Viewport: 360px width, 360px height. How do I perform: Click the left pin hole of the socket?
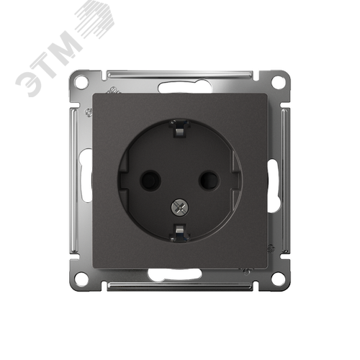pyautogui.click(x=150, y=180)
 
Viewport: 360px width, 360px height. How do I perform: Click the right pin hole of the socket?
pyautogui.click(x=209, y=180)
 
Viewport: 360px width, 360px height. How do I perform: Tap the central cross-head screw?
pyautogui.click(x=180, y=207)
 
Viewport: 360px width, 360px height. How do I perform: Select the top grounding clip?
pyautogui.click(x=179, y=130)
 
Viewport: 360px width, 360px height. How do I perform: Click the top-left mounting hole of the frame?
pyautogui.click(x=81, y=82)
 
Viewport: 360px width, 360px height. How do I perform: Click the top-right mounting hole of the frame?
pyautogui.click(x=278, y=82)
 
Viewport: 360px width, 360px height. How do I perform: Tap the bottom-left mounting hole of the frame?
pyautogui.click(x=81, y=279)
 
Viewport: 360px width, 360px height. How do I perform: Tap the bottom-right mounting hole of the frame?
pyautogui.click(x=278, y=279)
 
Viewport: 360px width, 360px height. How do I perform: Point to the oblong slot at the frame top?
pyautogui.click(x=185, y=88)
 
